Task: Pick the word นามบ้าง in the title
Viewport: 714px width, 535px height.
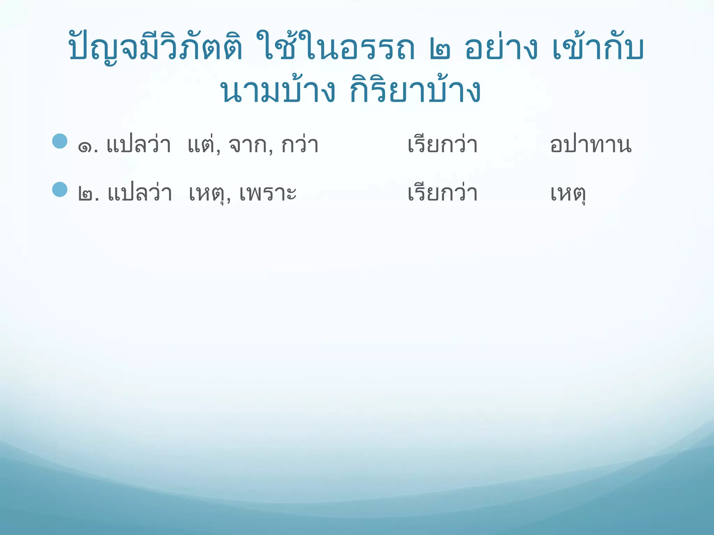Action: tap(278, 91)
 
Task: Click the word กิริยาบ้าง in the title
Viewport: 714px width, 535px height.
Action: tap(415, 91)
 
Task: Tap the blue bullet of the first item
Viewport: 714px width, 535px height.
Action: tap(60, 141)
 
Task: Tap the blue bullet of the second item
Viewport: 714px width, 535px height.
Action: tap(60, 189)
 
